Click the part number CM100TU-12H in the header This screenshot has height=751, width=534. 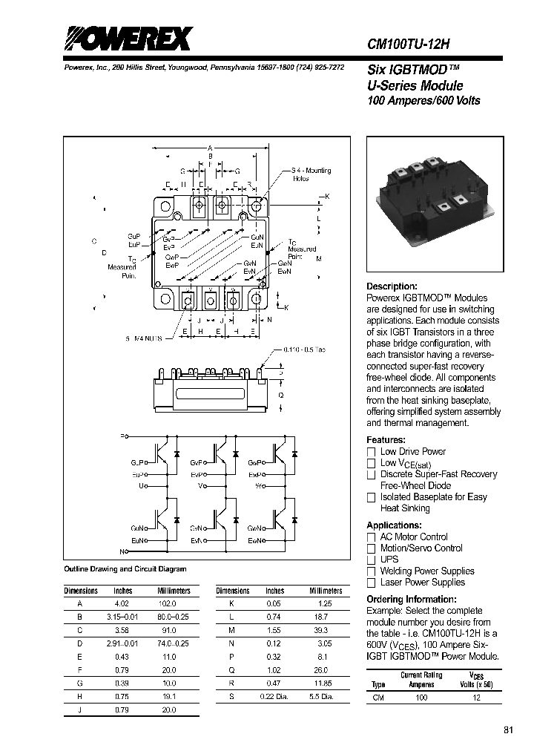click(409, 44)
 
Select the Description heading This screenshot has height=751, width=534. click(392, 286)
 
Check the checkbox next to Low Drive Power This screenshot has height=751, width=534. click(372, 452)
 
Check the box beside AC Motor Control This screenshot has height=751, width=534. click(372, 537)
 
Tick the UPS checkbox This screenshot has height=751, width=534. click(372, 560)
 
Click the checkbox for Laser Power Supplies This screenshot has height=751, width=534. click(372, 583)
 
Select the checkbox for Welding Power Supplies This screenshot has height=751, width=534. click(372, 571)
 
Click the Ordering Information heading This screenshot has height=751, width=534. click(412, 600)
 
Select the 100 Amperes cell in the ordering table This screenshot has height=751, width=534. click(421, 698)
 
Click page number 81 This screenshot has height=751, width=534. click(508, 730)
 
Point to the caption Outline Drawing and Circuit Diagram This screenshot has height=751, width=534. click(125, 569)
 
